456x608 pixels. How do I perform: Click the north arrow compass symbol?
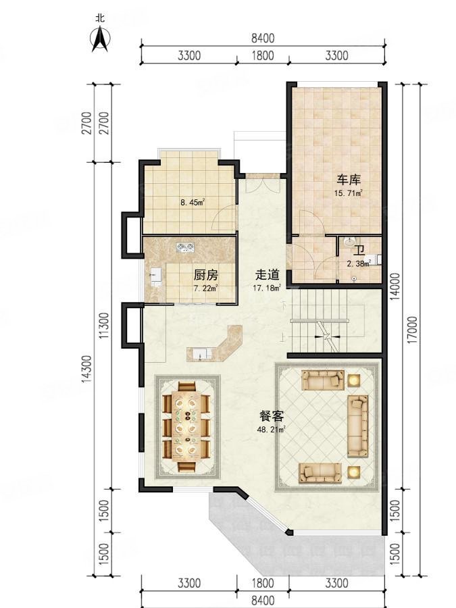(x=100, y=38)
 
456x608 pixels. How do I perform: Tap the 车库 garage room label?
(x=349, y=180)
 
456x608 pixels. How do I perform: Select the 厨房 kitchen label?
(x=206, y=276)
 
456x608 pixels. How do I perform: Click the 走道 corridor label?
(x=267, y=275)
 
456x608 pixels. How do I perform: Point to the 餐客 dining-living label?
(x=272, y=416)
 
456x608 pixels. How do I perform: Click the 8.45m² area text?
(x=193, y=202)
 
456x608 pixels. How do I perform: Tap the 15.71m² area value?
(x=349, y=193)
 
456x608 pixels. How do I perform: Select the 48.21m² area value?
(x=272, y=429)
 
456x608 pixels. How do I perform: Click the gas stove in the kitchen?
(x=185, y=247)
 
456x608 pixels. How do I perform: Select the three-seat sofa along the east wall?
(x=357, y=426)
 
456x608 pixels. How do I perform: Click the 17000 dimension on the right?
(x=413, y=330)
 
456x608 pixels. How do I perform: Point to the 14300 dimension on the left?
(x=87, y=369)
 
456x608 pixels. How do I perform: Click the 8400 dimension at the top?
(x=263, y=39)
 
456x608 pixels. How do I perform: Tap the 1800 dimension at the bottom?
(x=263, y=583)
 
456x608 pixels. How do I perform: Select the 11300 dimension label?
(x=104, y=326)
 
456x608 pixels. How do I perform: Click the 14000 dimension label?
(x=395, y=287)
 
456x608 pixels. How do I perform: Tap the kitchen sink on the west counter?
(x=155, y=276)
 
